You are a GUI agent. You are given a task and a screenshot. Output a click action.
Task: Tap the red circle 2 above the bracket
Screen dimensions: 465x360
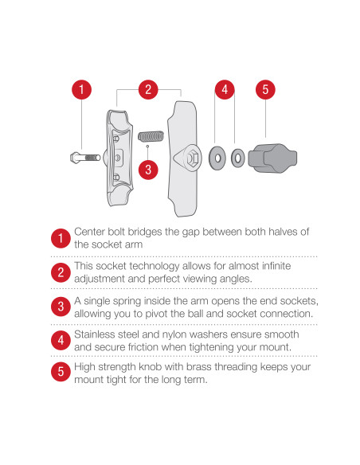pos(148,89)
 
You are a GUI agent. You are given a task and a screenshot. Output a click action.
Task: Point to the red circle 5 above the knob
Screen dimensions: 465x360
pos(264,89)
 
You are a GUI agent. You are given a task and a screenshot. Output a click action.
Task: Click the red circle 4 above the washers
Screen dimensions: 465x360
pos(225,89)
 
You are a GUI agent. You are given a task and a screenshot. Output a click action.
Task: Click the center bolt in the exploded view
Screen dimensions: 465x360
pos(84,157)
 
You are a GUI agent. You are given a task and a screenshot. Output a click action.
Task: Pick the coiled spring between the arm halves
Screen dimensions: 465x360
pos(149,137)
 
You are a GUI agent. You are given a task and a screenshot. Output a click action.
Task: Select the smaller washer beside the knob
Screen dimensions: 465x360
pos(237,158)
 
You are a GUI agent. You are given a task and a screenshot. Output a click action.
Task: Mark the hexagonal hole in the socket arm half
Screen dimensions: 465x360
pos(191,158)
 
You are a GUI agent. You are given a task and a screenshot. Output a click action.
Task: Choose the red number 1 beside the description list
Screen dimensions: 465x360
pos(61,238)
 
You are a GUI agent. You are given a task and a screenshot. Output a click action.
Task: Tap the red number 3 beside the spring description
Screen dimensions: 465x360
pos(61,307)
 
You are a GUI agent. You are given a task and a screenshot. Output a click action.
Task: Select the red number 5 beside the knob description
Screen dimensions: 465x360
pos(61,373)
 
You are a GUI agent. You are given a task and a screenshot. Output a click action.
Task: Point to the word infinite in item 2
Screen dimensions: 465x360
pos(270,265)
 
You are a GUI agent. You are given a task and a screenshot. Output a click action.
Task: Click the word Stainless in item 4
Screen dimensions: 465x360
pos(97,334)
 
